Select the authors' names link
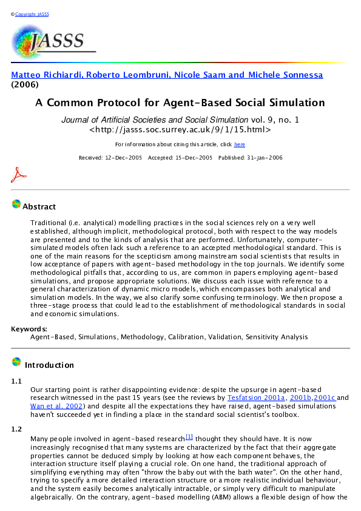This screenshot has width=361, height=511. click(167, 75)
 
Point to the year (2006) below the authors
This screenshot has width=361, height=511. click(25, 85)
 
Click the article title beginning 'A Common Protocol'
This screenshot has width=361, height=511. click(180, 103)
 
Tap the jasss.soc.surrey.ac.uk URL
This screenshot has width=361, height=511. click(180, 129)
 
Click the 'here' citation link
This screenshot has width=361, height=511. click(240, 144)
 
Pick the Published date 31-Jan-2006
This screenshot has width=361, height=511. click(249, 158)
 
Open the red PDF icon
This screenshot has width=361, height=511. click(19, 175)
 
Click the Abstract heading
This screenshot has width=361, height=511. click(39, 207)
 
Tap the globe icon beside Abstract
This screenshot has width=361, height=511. click(16, 205)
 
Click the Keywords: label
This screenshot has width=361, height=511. click(29, 329)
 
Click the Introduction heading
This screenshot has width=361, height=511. click(49, 365)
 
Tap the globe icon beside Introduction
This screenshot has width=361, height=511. click(16, 362)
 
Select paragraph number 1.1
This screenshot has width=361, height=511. click(17, 381)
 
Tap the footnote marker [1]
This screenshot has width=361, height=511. click(189, 436)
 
